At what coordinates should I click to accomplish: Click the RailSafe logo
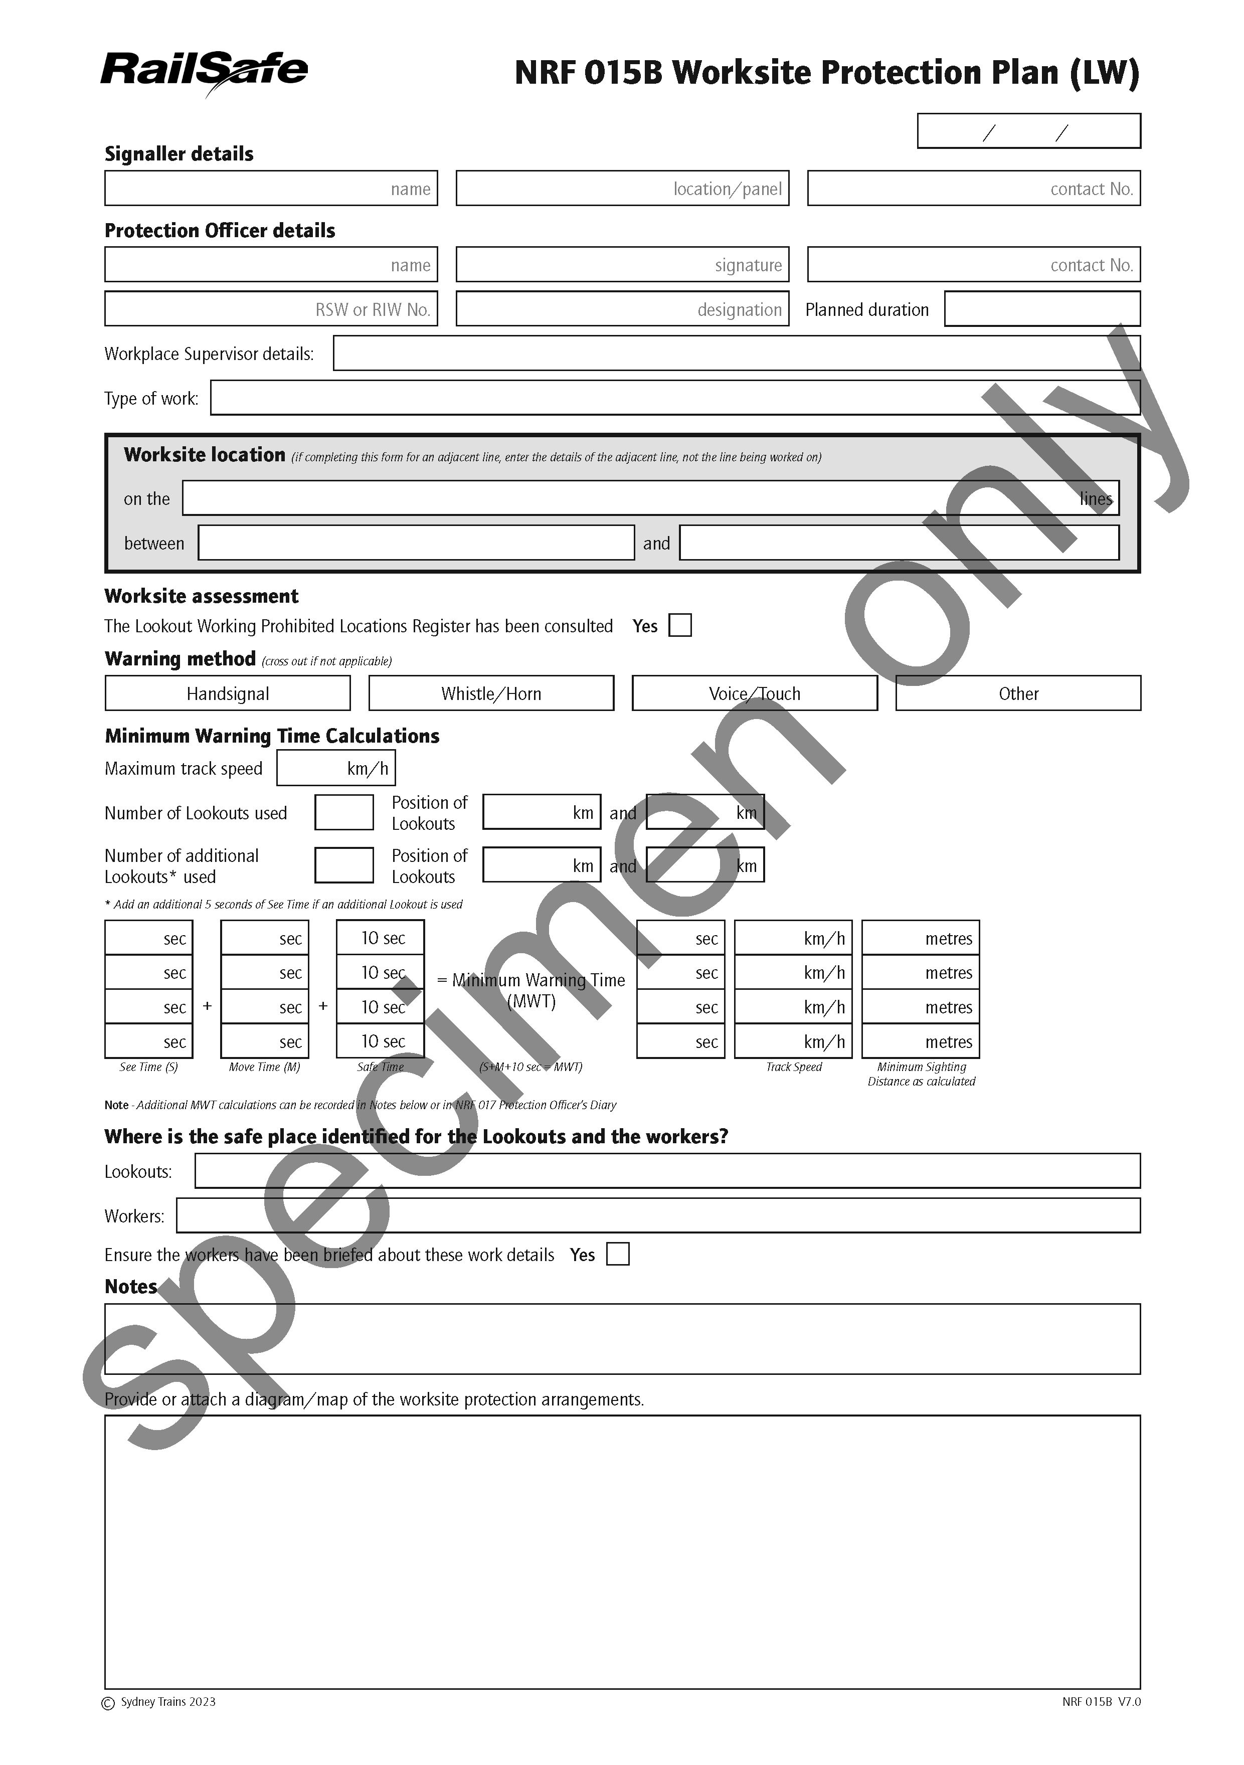[x=204, y=72]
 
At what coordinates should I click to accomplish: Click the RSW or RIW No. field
[x=271, y=309]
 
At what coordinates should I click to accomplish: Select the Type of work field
[x=674, y=398]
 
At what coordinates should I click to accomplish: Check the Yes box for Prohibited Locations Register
[x=680, y=626]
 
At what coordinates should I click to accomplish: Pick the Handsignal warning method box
[x=228, y=693]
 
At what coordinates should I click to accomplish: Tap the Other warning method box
[x=1017, y=693]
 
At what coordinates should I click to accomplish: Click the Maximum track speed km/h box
[x=335, y=768]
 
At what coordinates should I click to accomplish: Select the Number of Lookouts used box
[x=343, y=812]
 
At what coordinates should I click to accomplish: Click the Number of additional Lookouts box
[x=343, y=865]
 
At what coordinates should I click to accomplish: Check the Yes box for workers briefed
[x=617, y=1255]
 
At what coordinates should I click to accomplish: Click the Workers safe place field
[x=657, y=1216]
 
